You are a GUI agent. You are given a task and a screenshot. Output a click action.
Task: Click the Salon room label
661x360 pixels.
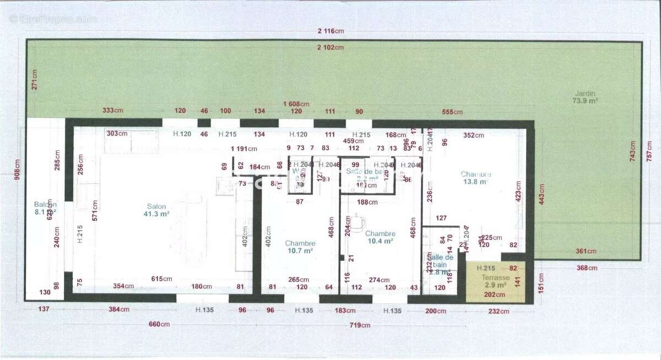coord(157,207)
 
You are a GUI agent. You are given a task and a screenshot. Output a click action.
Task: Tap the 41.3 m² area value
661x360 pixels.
coord(157,215)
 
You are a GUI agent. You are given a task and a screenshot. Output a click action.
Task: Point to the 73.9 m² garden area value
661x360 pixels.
coord(585,101)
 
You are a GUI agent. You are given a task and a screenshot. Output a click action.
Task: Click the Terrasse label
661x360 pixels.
coord(494,278)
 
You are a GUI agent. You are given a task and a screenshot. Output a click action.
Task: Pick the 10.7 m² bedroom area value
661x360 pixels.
coord(300,250)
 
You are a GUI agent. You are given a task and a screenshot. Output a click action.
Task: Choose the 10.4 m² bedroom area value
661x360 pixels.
coord(380,241)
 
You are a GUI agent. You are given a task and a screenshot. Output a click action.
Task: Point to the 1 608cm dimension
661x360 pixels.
coord(296,104)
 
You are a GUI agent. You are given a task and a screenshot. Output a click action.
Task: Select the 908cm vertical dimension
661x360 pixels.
coord(17,170)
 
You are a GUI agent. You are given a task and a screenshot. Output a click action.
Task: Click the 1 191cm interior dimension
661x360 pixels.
coord(244,149)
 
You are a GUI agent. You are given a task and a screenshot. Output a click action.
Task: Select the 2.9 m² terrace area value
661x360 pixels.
coord(494,286)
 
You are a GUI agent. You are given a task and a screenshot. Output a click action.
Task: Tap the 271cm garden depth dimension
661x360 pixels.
coord(34,80)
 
